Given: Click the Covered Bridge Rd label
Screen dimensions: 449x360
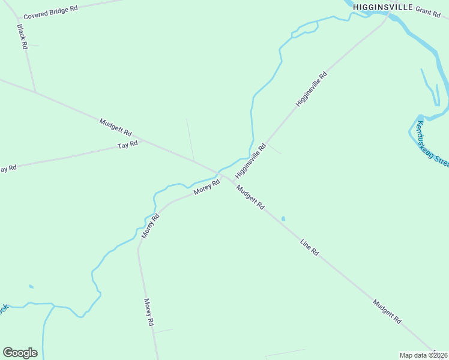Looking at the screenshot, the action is point(50,12).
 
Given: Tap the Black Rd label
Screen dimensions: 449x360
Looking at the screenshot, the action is point(23,37).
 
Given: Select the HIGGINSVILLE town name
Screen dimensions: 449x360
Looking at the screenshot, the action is point(382,7).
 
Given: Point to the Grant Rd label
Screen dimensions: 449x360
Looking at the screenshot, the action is point(428,12).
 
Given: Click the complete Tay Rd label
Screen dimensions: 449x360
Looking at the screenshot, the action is point(128,145).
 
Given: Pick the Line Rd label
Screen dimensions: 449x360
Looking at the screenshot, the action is point(309,247).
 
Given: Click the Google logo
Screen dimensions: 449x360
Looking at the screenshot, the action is point(20,353).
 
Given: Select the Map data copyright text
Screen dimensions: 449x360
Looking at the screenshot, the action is point(424,355).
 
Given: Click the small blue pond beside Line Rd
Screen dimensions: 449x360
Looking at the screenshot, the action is point(283,218).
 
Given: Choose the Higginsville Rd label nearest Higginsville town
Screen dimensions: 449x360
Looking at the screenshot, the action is point(312,89).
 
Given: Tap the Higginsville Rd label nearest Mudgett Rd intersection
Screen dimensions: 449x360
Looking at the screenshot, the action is point(250,161).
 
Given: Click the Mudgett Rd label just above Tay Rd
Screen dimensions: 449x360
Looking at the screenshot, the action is point(115,127).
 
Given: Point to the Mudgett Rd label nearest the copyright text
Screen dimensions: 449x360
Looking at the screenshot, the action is point(387,311).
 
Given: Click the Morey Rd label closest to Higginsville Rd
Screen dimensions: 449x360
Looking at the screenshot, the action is point(207,187).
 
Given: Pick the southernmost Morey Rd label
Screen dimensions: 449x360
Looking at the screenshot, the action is point(149,312).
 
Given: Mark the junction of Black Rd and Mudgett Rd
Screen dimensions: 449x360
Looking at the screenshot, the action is point(35,92).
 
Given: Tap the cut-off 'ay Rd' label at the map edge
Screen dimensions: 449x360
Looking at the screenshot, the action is point(8,169).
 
